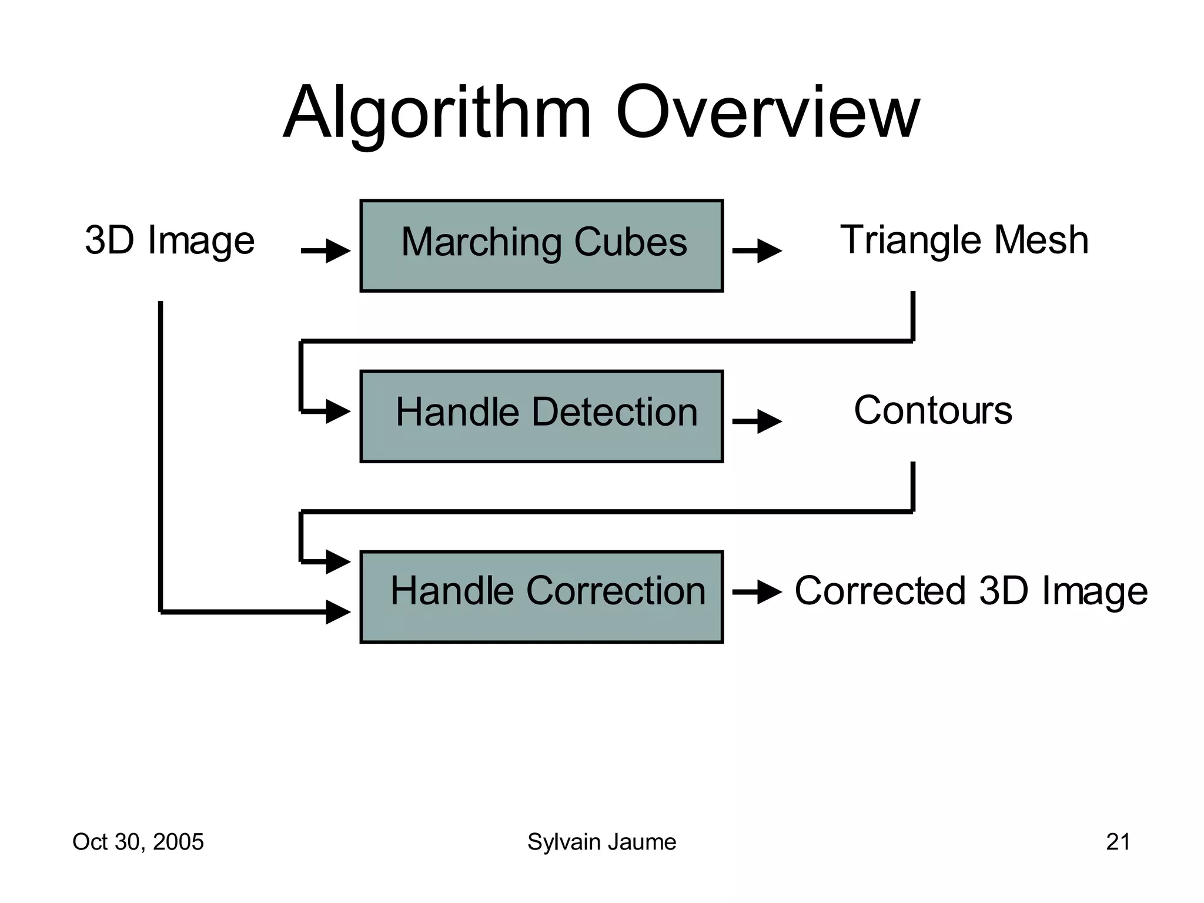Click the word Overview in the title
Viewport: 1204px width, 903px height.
[x=767, y=113]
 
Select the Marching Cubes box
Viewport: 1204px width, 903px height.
[x=541, y=246]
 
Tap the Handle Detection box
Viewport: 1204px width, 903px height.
[x=541, y=416]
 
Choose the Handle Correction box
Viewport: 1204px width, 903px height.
[x=541, y=597]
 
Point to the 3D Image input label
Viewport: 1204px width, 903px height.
[x=169, y=240]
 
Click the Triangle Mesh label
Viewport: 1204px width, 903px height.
[x=964, y=240]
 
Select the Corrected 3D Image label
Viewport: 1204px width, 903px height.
[x=971, y=590]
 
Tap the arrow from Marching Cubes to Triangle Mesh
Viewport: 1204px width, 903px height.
[x=757, y=251]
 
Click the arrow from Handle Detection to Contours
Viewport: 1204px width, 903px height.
[x=757, y=422]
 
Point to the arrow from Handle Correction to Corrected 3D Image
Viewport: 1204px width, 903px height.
[x=757, y=592]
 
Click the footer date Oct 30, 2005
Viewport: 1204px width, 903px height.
[x=138, y=842]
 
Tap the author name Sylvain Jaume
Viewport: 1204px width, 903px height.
[x=601, y=842]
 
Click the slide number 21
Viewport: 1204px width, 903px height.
[x=1118, y=842]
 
